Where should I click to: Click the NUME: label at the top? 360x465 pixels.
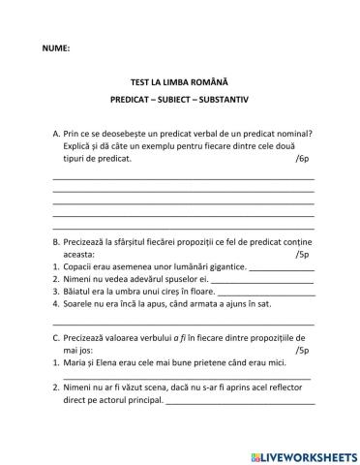(56, 47)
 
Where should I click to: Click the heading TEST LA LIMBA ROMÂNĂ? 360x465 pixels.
(179, 83)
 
